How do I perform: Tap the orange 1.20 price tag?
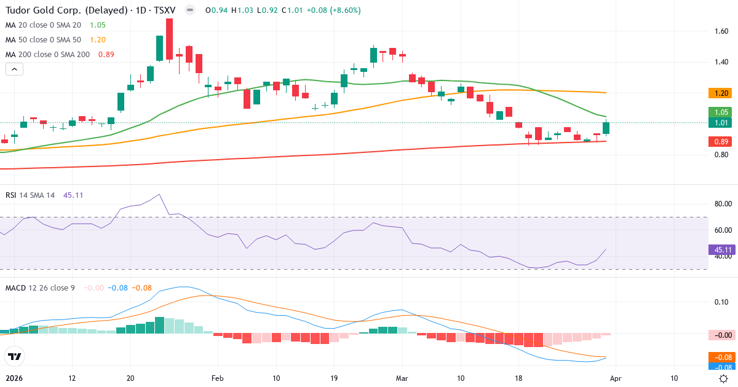[x=721, y=93]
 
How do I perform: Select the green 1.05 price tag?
[x=721, y=112]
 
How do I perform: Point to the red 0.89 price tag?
[x=721, y=142]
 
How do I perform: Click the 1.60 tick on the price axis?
[x=721, y=31]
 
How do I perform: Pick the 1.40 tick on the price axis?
[x=721, y=62]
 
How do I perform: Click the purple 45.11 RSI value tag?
[x=721, y=250]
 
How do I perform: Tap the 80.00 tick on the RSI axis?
[x=721, y=203]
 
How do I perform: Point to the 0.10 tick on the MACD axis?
[x=721, y=302]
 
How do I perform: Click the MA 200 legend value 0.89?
[x=106, y=55]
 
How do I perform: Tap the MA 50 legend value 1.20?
[x=98, y=40]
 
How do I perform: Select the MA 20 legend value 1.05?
[x=98, y=25]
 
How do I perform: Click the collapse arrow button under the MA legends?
[x=14, y=69]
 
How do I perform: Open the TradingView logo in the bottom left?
[x=14, y=356]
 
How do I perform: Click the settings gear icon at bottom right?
[x=724, y=378]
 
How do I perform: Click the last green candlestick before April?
[x=606, y=128]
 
